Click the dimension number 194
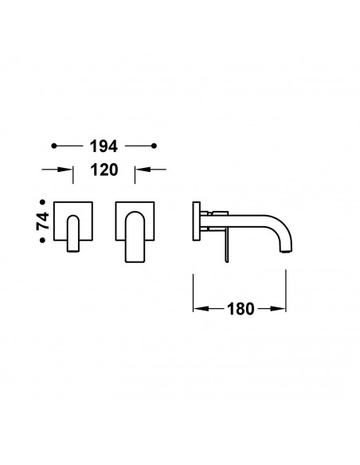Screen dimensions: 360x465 coord(104,147)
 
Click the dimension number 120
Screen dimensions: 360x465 coord(104,170)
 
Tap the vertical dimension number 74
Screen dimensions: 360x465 coord(43,221)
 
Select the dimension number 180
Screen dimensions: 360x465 coord(241,309)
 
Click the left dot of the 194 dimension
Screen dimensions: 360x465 coord(53,146)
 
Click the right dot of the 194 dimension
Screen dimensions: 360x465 coord(154,146)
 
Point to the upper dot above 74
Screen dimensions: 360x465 coord(43,202)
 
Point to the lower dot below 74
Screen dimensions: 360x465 coord(43,240)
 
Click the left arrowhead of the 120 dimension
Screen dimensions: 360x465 coord(65,170)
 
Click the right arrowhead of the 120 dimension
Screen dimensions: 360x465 coord(143,170)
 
